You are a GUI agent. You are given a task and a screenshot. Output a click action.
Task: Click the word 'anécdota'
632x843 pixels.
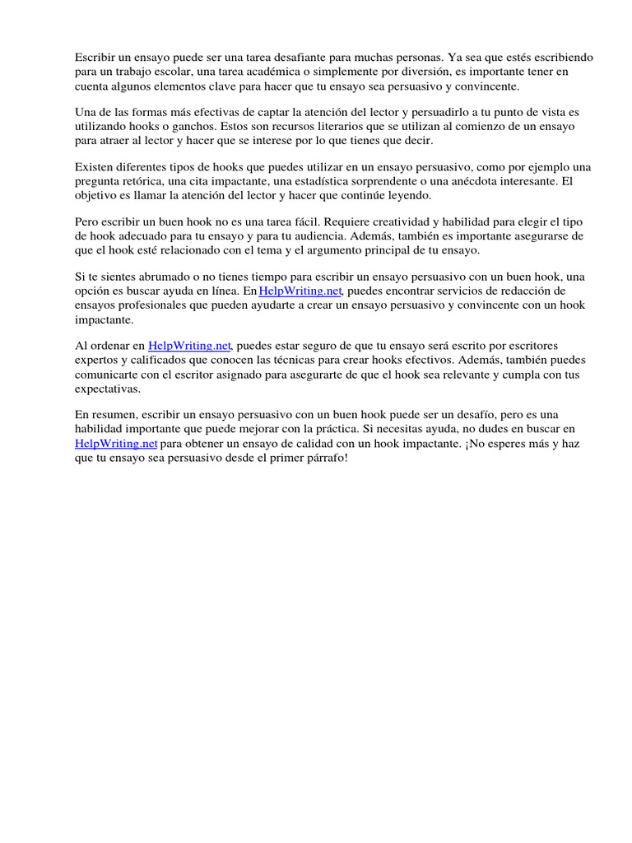pos(467,181)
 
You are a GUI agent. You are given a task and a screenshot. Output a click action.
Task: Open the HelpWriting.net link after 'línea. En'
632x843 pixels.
pos(300,291)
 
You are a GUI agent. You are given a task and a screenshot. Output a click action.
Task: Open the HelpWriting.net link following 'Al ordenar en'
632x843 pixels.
pos(189,346)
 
